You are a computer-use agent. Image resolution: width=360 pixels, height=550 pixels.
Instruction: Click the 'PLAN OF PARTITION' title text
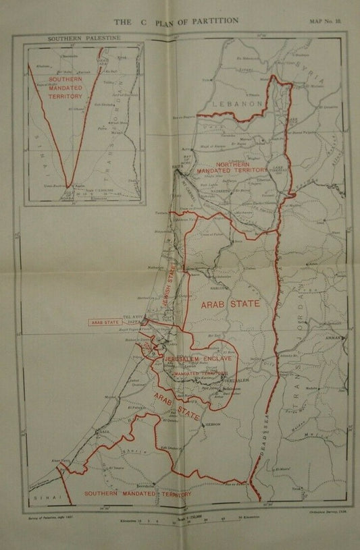pos(195,21)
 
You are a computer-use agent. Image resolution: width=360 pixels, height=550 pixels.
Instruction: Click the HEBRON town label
pos(214,424)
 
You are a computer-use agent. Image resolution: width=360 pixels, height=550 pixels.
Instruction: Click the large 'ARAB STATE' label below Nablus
pos(230,304)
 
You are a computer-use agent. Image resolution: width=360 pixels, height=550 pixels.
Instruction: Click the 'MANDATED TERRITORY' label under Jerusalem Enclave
pos(200,373)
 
